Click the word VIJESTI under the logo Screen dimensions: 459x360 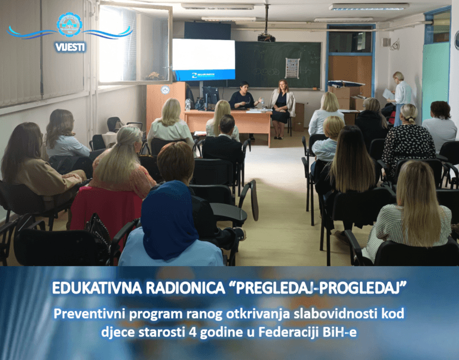coord(71,47)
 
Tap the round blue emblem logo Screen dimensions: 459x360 coord(69,25)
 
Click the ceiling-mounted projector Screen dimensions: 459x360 coord(266,38)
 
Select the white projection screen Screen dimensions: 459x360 coord(203,59)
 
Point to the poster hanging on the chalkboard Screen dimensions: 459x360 coord(292,68)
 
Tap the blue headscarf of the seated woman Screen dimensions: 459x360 coord(169,219)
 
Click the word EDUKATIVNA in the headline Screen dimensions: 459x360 coord(97,288)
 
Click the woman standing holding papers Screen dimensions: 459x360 coord(400,99)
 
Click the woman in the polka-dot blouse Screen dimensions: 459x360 coord(408,140)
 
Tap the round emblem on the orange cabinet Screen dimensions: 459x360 coord(165,90)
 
